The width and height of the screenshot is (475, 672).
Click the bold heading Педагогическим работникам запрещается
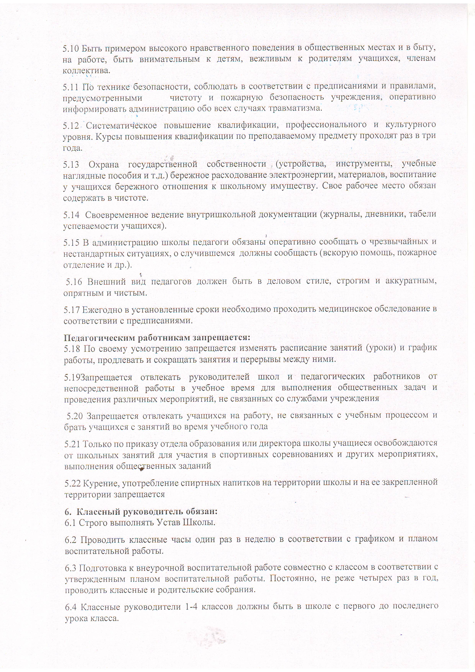[157, 338]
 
